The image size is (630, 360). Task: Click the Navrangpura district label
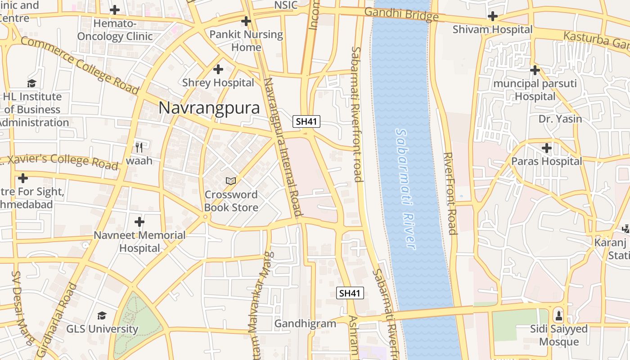209,108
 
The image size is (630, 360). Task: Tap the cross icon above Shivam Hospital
493,17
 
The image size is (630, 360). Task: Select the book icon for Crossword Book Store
231,181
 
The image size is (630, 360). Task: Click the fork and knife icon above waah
139,147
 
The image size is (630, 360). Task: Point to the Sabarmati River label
405,189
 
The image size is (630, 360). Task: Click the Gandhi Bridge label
401,14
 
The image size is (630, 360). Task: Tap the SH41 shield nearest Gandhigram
350,293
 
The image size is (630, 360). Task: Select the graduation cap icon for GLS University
102,315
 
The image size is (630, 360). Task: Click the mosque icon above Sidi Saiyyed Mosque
558,315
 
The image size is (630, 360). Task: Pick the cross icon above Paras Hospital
546,148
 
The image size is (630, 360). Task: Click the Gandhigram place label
305,324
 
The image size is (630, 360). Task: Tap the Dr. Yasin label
560,119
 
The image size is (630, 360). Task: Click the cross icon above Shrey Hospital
218,69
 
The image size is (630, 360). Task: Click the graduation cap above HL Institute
31,83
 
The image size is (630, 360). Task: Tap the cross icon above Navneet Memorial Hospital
139,222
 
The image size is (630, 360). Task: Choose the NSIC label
286,5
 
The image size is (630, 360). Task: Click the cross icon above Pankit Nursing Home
246,21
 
